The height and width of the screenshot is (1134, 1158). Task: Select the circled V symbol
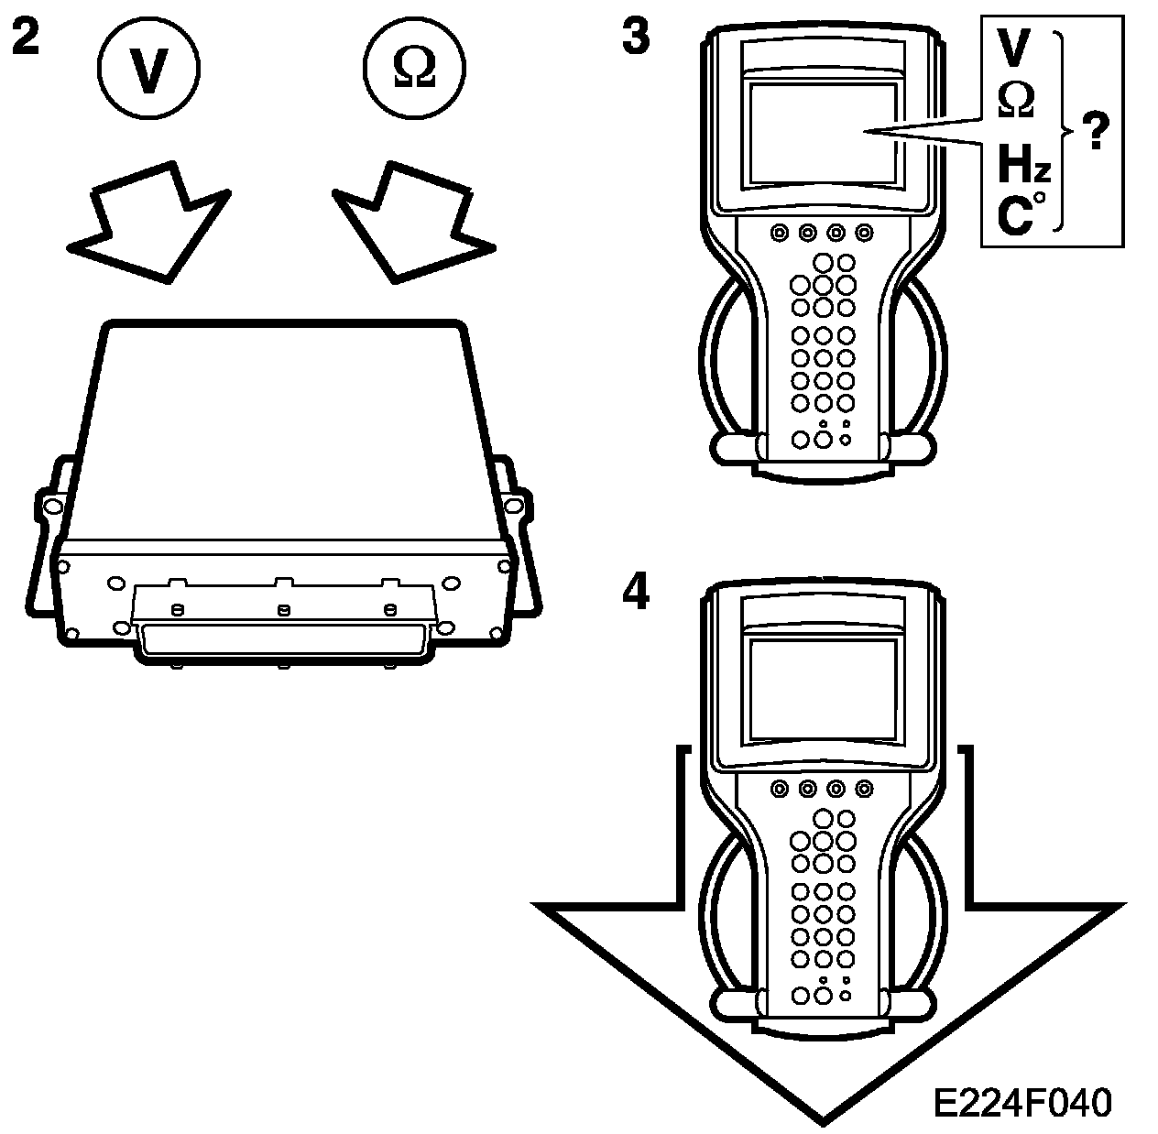point(147,71)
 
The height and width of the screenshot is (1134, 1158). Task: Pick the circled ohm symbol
point(413,71)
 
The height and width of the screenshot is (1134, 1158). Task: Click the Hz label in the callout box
point(1022,169)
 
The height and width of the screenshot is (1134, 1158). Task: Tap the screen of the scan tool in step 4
point(822,688)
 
